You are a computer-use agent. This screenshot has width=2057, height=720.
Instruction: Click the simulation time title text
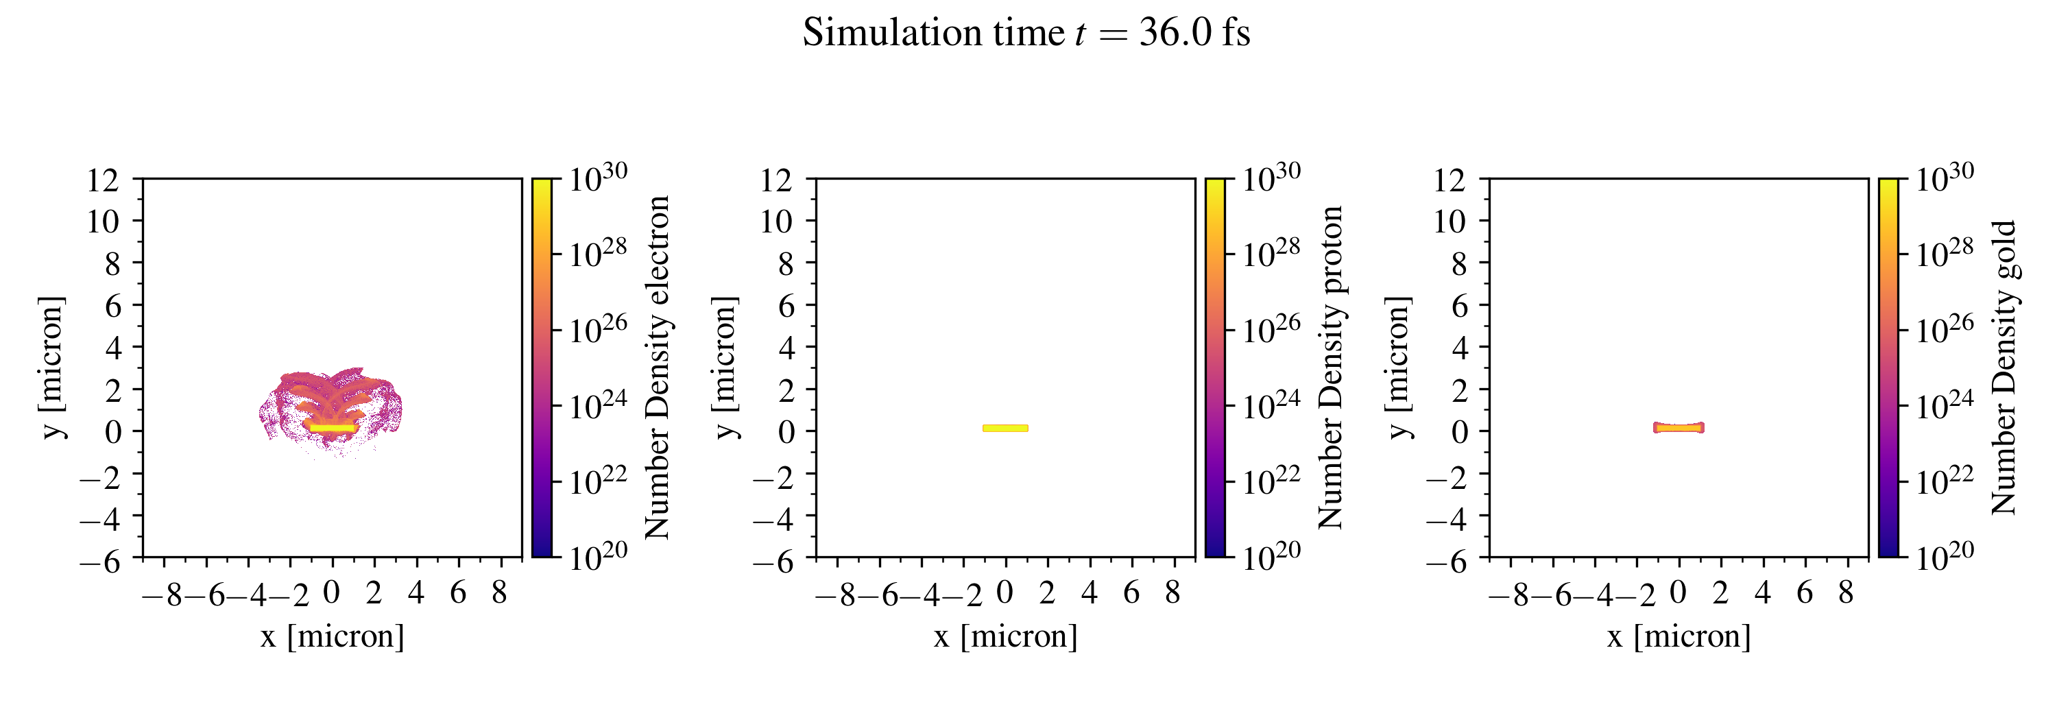[1026, 34]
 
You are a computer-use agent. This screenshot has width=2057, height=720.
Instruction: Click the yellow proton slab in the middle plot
[1005, 429]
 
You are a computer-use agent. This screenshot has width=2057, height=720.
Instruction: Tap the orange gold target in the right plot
[1678, 428]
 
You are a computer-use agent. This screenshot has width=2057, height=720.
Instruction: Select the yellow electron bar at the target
[332, 429]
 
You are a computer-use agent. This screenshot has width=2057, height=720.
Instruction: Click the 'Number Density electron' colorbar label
[657, 367]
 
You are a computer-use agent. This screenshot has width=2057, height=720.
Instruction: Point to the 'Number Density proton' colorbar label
[1330, 367]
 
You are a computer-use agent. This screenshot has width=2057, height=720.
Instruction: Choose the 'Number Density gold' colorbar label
[2004, 367]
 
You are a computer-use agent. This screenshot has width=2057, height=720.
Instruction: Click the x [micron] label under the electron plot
[332, 637]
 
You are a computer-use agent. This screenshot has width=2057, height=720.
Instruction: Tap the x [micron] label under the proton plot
[1005, 637]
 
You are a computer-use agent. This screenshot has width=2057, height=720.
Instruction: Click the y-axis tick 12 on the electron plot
[102, 180]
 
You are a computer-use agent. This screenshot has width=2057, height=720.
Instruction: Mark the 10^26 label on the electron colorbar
[598, 328]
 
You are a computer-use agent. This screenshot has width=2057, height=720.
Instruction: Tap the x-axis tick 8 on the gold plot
[1845, 593]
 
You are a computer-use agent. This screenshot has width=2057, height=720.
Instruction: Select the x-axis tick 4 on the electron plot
[416, 593]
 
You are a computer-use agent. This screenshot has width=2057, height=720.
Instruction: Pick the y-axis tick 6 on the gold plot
[1459, 306]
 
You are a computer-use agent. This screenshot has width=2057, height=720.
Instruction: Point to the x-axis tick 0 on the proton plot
[1005, 593]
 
